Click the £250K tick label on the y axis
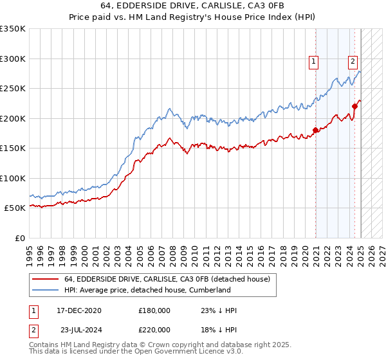(13, 89)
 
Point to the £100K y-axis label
(13, 179)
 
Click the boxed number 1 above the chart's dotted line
(313, 62)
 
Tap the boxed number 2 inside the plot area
(353, 62)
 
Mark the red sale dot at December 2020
(315, 130)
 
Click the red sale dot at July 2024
(355, 107)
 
